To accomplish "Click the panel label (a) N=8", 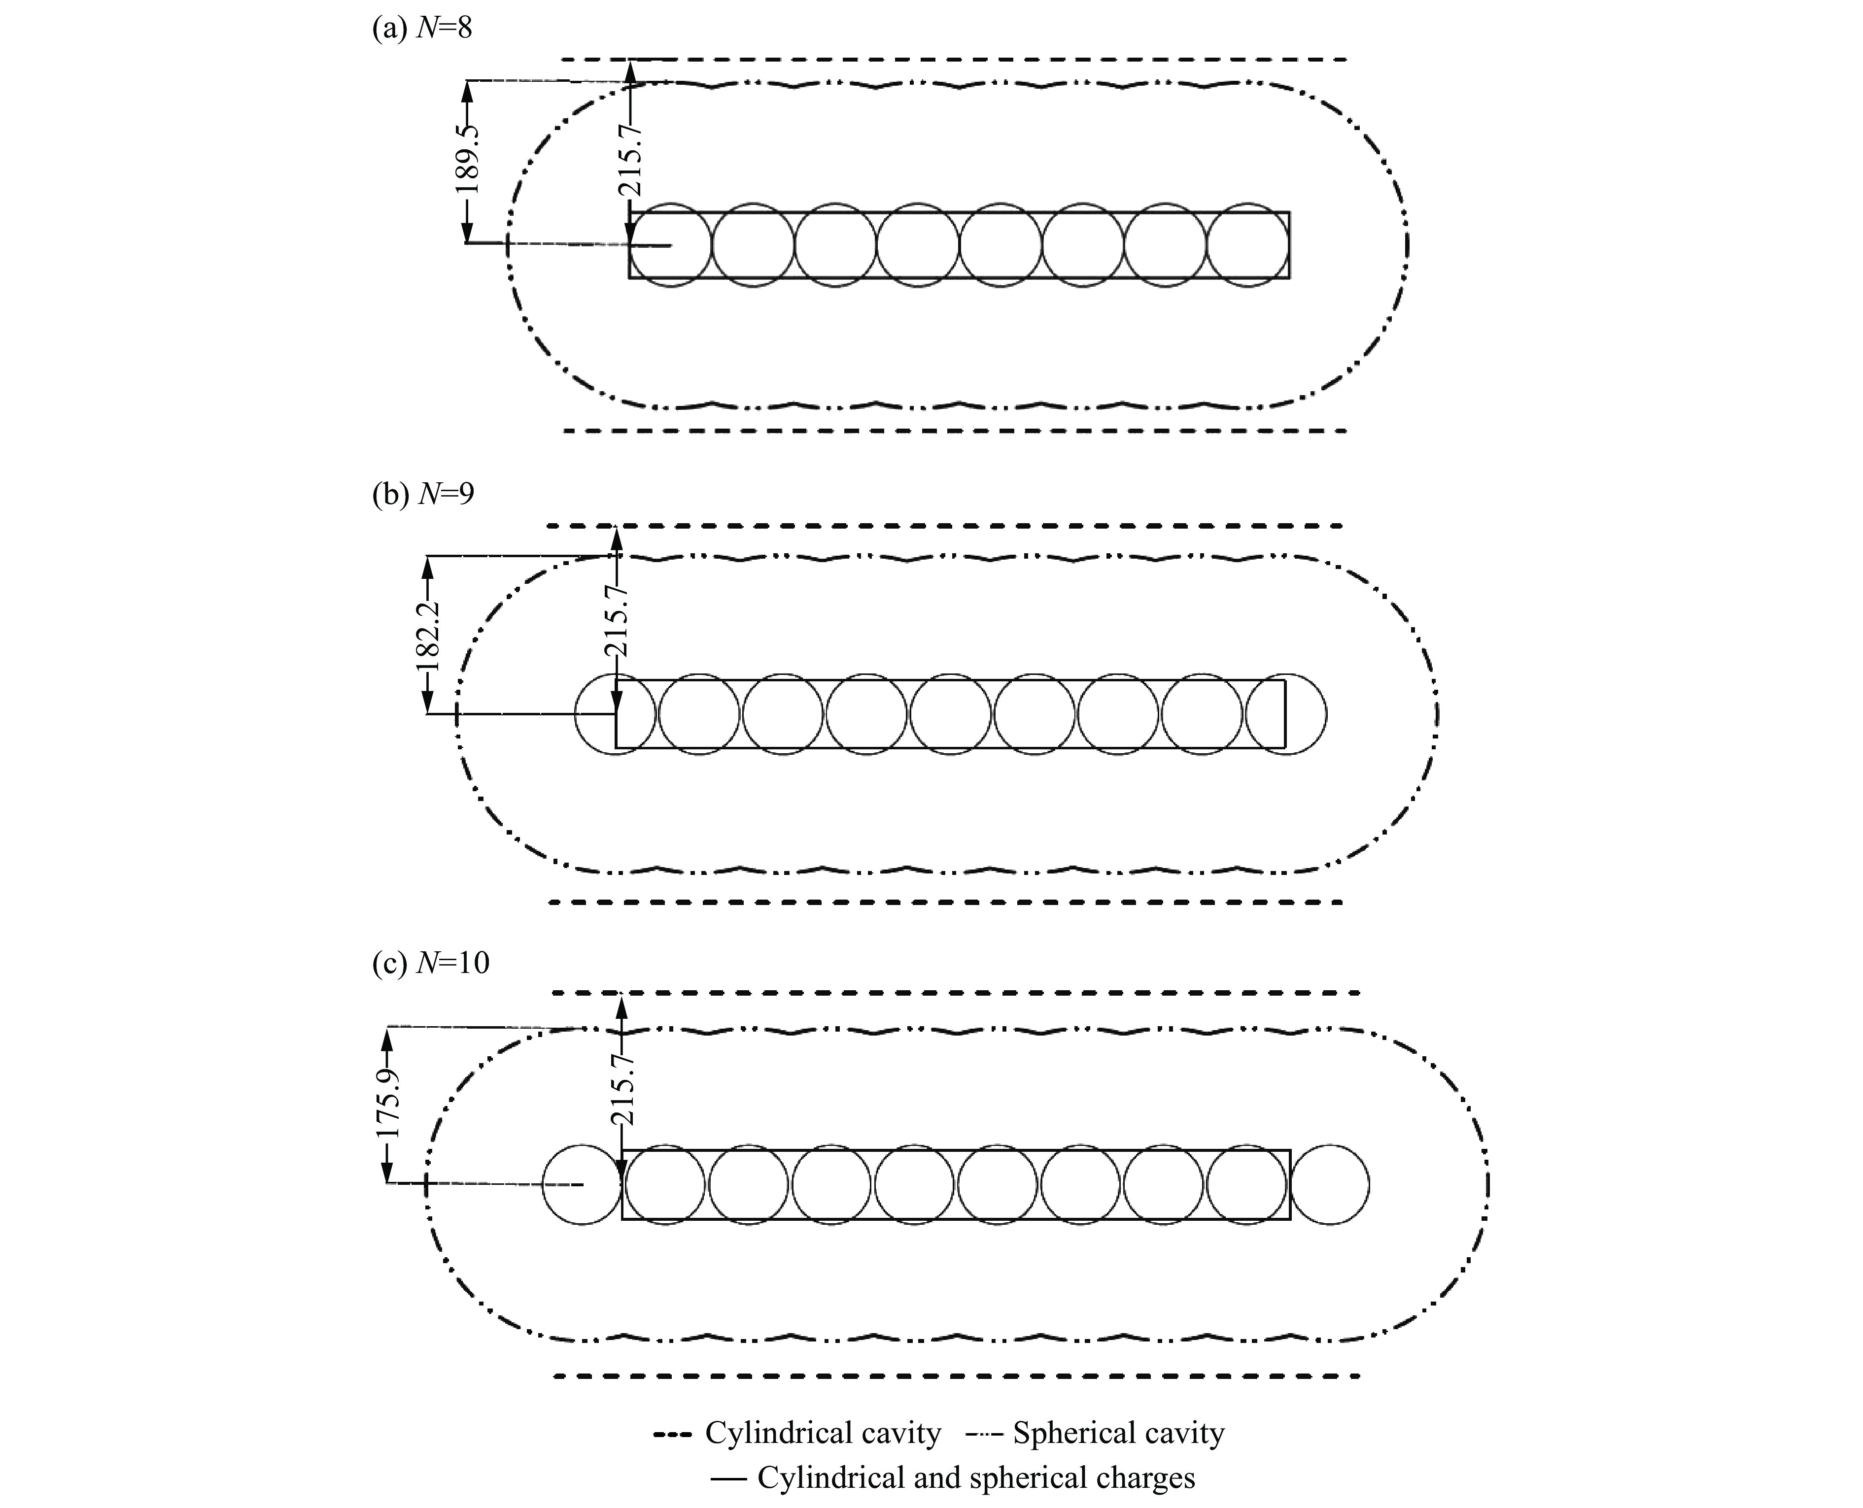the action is (422, 29).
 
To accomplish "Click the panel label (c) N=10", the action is (431, 963).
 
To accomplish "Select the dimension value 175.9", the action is (387, 1104).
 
